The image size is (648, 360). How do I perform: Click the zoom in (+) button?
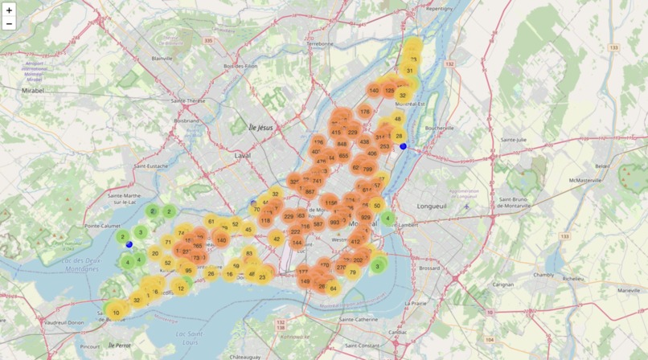point(10,10)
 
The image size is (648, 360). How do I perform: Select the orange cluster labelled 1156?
point(330,203)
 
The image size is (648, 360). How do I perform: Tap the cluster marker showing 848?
point(342,145)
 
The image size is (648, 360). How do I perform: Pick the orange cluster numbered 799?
point(367,169)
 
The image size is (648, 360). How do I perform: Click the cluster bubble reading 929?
point(366,218)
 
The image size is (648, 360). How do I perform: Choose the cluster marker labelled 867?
point(310,191)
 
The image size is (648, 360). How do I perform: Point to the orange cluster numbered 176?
point(365,112)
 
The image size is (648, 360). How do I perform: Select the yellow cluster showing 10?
point(116,313)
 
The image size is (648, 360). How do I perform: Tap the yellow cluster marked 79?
point(352,272)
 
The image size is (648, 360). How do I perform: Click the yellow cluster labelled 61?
point(211,221)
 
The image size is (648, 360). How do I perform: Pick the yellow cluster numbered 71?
point(168,242)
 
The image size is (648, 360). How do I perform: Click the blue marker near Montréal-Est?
point(403,146)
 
